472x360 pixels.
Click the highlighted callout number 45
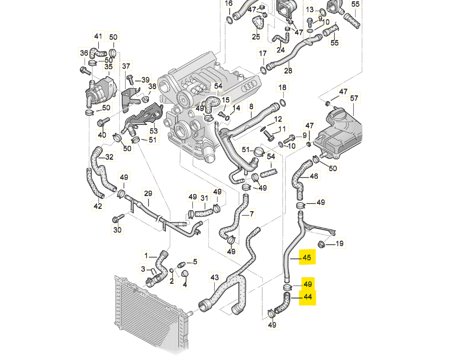click(x=307, y=258)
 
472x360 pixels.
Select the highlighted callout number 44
click(x=308, y=297)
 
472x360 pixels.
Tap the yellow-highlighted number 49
click(x=308, y=284)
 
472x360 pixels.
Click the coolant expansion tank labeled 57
click(x=338, y=133)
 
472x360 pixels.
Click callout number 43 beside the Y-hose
click(x=215, y=278)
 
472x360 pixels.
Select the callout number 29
click(x=148, y=194)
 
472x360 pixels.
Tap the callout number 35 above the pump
click(x=109, y=67)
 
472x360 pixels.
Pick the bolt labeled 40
click(x=103, y=122)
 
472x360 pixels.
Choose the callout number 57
click(x=354, y=98)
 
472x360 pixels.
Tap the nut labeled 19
click(x=321, y=244)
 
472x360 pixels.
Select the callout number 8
click(x=251, y=106)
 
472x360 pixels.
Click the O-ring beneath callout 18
click(x=283, y=103)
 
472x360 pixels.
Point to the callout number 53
click(x=154, y=131)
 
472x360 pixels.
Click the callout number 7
click(x=252, y=214)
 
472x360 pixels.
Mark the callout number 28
click(x=288, y=71)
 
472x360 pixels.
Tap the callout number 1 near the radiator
click(x=146, y=256)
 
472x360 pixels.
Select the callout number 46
click(x=314, y=176)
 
